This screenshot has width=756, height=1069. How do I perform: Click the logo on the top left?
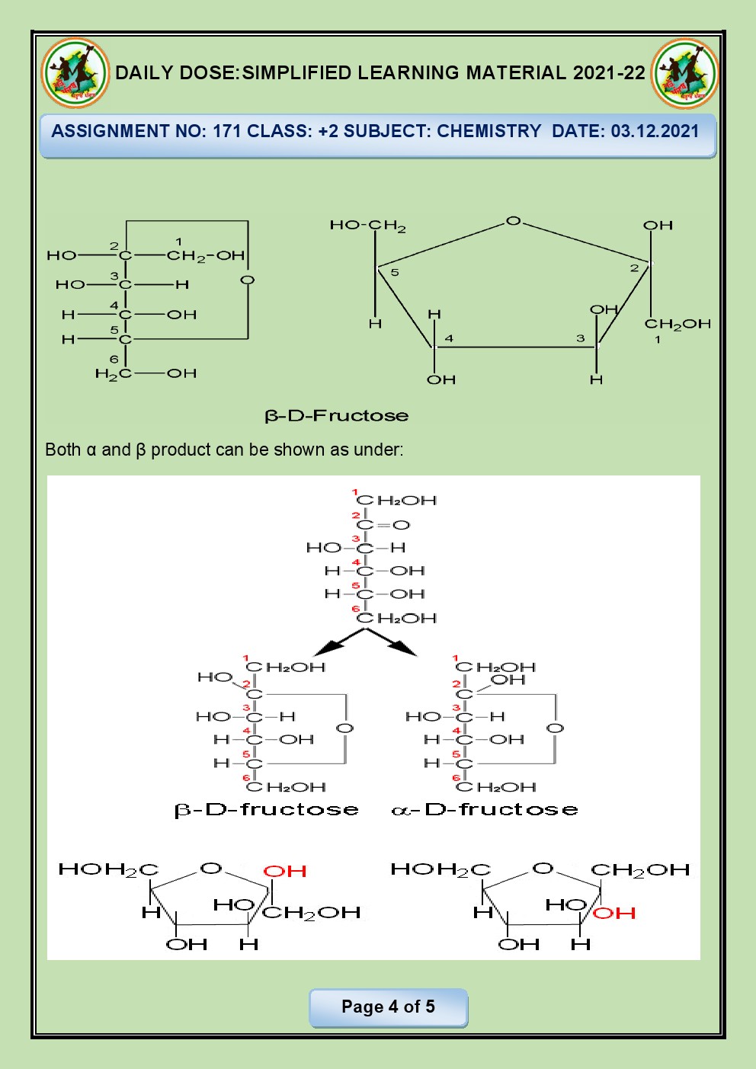click(75, 73)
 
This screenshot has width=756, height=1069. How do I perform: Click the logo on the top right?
click(684, 73)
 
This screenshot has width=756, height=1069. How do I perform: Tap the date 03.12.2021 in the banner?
click(655, 131)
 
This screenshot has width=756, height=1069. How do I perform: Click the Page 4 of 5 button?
click(388, 1007)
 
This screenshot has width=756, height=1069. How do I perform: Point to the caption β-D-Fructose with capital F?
click(336, 416)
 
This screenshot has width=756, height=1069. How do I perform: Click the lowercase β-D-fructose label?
click(267, 809)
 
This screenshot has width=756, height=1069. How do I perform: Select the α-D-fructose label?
click(485, 809)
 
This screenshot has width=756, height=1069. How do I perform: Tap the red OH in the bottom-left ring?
click(285, 871)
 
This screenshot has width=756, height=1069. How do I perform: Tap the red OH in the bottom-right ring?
click(614, 913)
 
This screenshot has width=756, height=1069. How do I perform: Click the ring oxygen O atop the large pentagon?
click(514, 221)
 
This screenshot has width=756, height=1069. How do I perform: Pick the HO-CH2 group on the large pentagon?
click(367, 226)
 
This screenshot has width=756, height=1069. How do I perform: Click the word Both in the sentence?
click(62, 450)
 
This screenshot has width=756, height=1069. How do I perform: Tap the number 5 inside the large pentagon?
click(395, 273)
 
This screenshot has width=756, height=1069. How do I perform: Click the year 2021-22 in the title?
click(609, 73)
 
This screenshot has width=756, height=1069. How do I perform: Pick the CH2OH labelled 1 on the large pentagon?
click(678, 324)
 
